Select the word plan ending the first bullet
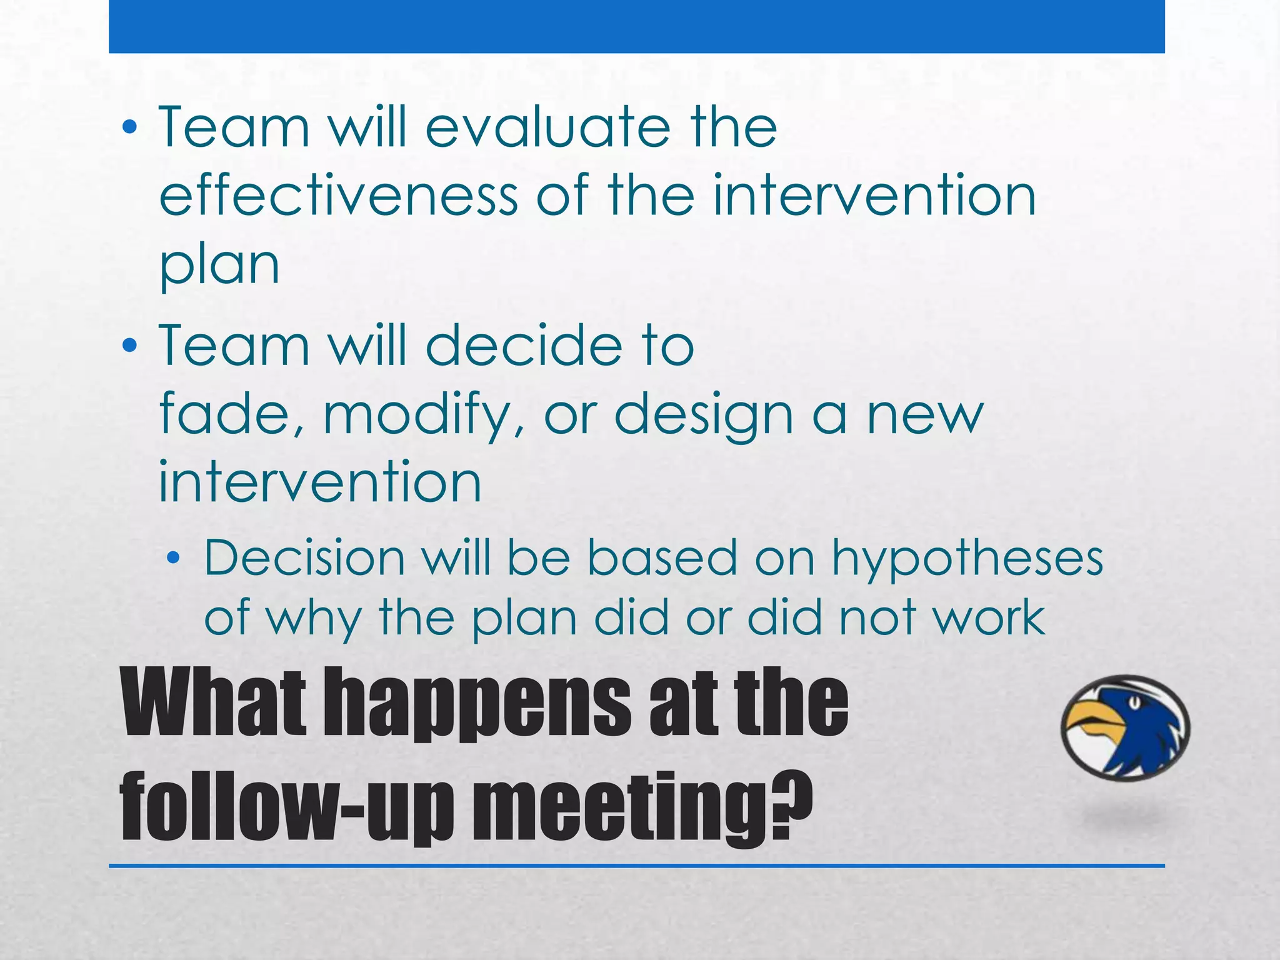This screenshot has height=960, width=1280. [219, 265]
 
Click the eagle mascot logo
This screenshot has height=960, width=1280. [1125, 727]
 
